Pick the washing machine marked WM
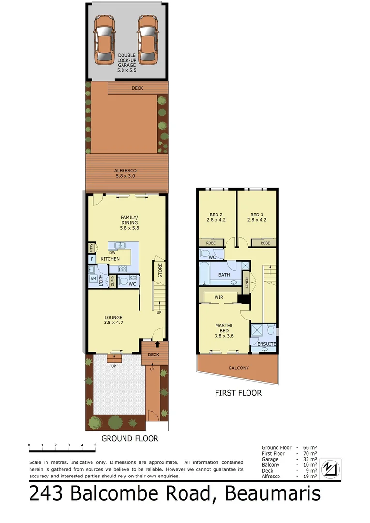pos(92,279)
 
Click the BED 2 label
pos(216,217)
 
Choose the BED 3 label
pos(257,217)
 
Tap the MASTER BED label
pos(224,329)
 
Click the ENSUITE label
pos(266,344)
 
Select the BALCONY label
pos(239,368)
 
